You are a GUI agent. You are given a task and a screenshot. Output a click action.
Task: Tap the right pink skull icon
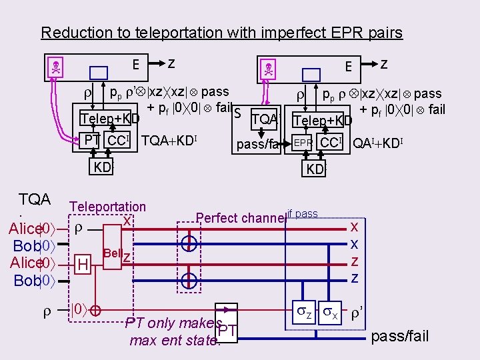[x=269, y=68]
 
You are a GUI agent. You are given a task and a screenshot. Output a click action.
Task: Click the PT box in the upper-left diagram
[x=92, y=141]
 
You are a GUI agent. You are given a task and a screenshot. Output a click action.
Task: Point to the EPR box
[x=303, y=143]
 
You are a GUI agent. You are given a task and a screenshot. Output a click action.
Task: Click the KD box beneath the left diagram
[x=103, y=167]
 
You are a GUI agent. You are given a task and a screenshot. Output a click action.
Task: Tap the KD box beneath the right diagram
[x=314, y=169]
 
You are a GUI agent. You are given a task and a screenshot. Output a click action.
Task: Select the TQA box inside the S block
[x=264, y=119]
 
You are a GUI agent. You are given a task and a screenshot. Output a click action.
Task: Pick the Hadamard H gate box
[x=83, y=265]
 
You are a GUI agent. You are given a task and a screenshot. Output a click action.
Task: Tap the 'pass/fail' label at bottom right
[x=399, y=336]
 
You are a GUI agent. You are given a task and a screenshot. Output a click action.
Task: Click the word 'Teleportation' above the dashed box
[x=108, y=207]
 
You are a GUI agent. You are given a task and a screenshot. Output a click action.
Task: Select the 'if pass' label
[x=305, y=214]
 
